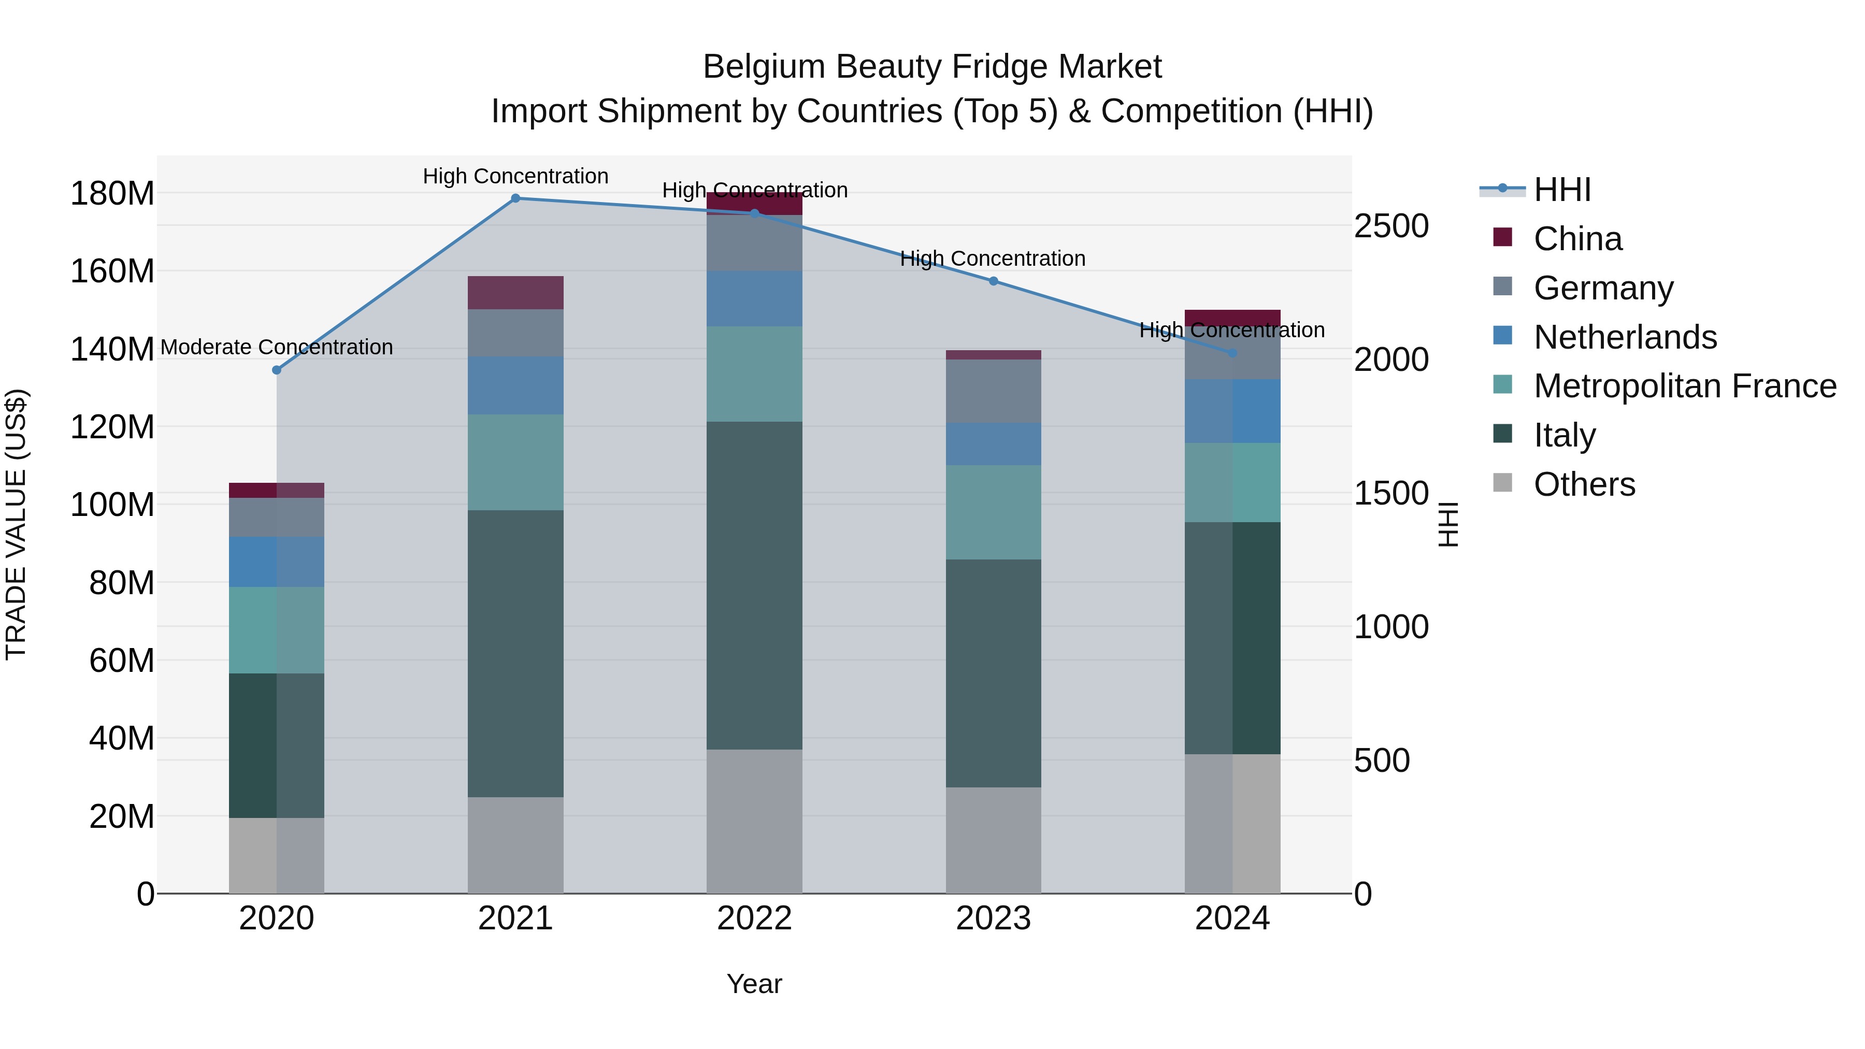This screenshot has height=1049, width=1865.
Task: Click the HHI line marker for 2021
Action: tap(515, 198)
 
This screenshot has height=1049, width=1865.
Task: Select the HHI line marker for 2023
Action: tap(993, 281)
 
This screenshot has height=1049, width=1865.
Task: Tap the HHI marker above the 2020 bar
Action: tap(277, 370)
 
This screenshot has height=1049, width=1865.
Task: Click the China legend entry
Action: tap(1577, 239)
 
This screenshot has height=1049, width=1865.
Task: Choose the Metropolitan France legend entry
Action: tap(1684, 386)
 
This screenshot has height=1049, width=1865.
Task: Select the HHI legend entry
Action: tap(1561, 190)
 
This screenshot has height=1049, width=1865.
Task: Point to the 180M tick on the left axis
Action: tap(112, 194)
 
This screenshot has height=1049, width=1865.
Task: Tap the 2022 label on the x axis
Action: tap(754, 918)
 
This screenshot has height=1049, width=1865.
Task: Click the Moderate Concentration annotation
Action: tap(277, 348)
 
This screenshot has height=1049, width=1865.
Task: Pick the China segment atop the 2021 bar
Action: tap(515, 293)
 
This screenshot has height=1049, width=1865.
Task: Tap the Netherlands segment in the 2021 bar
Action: tap(515, 385)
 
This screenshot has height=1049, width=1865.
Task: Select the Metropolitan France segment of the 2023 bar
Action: tap(993, 512)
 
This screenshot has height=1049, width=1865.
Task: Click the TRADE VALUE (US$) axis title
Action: tap(16, 524)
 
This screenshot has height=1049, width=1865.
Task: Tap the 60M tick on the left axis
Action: tap(122, 660)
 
